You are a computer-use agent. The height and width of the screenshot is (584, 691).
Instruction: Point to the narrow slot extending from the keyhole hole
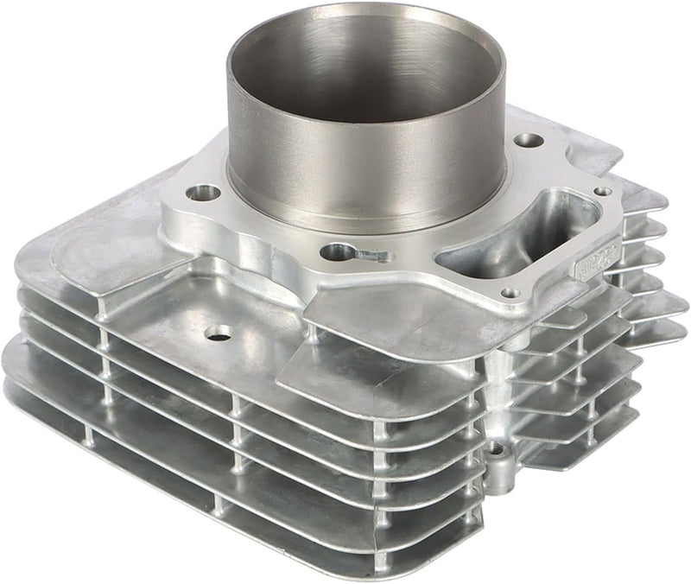pyautogui.click(x=373, y=255)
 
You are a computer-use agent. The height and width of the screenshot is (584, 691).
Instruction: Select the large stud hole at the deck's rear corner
pyautogui.click(x=529, y=139)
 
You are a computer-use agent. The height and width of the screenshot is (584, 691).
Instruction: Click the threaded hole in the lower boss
pyautogui.click(x=495, y=448)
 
